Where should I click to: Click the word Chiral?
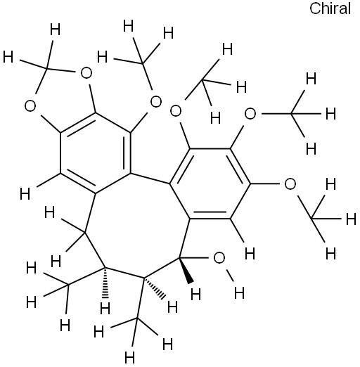pyautogui.click(x=330, y=8)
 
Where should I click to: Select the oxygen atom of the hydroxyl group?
pyautogui.click(x=219, y=258)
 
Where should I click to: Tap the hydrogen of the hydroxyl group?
pyautogui.click(x=239, y=292)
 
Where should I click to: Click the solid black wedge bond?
pyautogui.click(x=186, y=271)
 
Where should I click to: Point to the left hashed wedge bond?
pyautogui.click(x=105, y=283)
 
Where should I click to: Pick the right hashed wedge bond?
pyautogui.click(x=155, y=288)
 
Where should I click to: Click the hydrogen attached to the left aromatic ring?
pyautogui.click(x=25, y=194)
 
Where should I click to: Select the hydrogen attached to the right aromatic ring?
pyautogui.click(x=250, y=254)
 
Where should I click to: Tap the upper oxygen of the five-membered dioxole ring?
pyautogui.click(x=86, y=73)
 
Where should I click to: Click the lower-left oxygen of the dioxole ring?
pyautogui.click(x=30, y=106)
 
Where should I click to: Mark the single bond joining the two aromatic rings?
pyautogui.click(x=150, y=179)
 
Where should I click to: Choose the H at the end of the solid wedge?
pyautogui.click(x=195, y=295)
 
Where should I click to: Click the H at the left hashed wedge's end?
pyautogui.click(x=105, y=309)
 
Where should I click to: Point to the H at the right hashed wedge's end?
pyautogui.click(x=172, y=307)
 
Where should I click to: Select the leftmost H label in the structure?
pyautogui.click(x=8, y=57)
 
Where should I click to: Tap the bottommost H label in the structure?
pyautogui.click(x=129, y=357)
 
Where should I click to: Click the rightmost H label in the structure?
pyautogui.click(x=351, y=219)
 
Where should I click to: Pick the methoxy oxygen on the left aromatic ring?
pyautogui.click(x=156, y=102)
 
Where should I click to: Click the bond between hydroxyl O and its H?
pyautogui.click(x=229, y=275)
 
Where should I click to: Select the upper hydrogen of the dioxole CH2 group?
pyautogui.click(x=56, y=30)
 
